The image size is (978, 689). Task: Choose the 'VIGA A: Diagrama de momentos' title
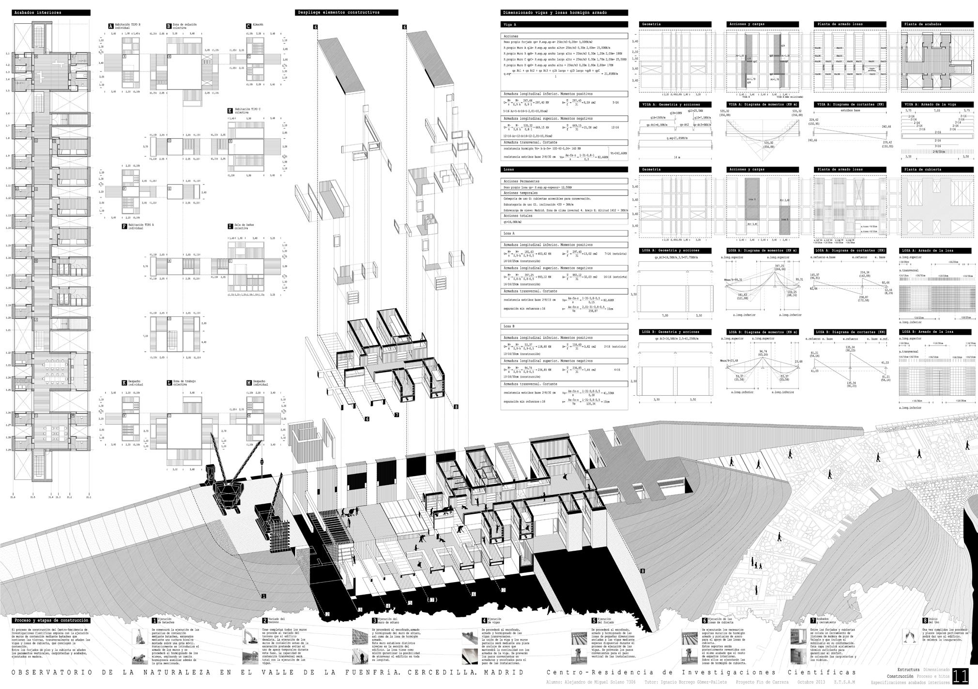pos(762,104)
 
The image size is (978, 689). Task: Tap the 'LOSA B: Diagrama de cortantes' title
pos(850,332)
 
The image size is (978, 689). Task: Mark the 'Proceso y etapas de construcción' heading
pos(51,620)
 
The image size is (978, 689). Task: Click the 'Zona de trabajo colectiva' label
pos(180,383)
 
